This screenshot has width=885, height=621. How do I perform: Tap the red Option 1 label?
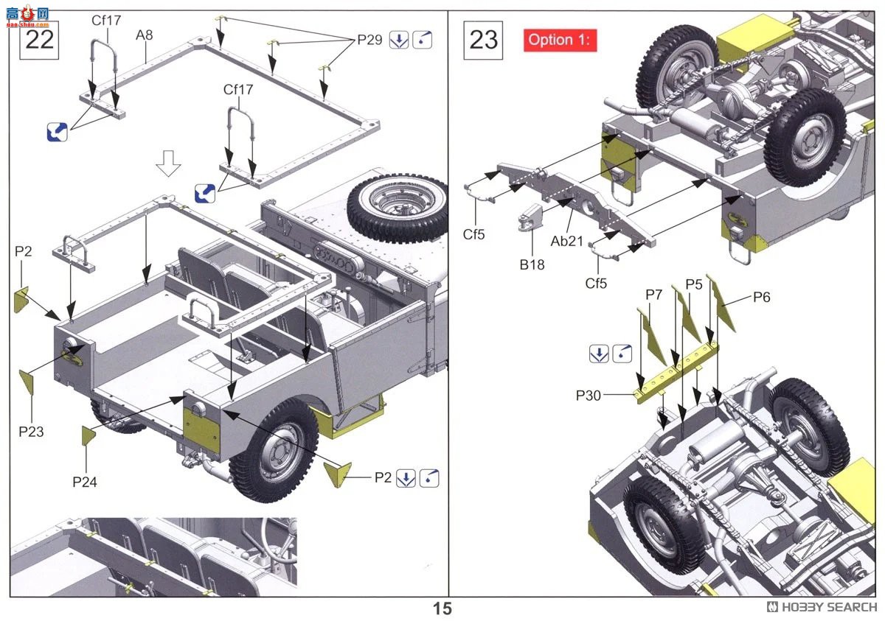point(560,40)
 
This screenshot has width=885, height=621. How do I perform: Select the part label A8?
point(145,34)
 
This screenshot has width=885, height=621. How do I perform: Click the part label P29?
point(370,40)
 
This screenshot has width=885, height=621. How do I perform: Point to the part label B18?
point(531,264)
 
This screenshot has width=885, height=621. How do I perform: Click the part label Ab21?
point(566,241)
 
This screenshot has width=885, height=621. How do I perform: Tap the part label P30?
point(589,396)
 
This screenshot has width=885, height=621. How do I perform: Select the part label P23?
point(31,431)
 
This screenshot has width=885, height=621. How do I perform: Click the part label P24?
point(84,482)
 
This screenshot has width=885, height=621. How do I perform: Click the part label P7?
point(653,295)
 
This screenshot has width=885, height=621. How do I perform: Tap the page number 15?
point(442,608)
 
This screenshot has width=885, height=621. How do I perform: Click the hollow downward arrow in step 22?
point(169,164)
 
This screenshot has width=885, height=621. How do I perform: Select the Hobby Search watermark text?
point(822,607)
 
